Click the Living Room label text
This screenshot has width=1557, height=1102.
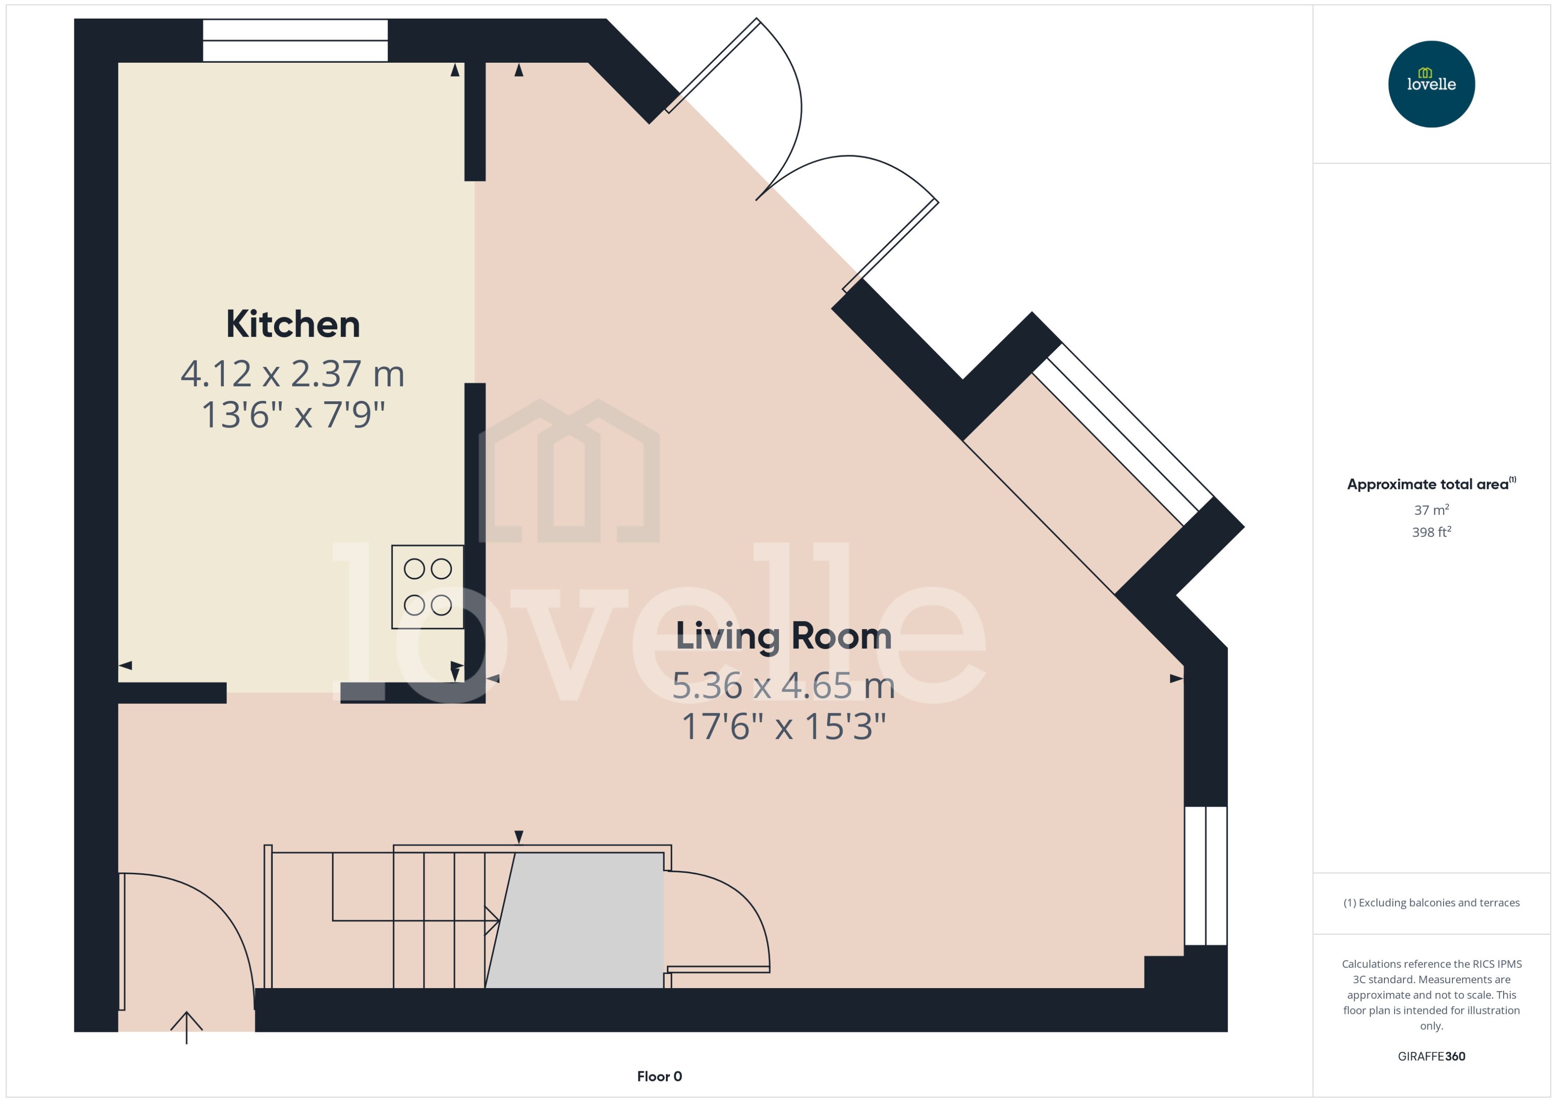(x=783, y=637)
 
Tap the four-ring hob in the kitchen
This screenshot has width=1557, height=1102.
(x=428, y=587)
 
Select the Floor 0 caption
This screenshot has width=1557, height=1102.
(x=659, y=1076)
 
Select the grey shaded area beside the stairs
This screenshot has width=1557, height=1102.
(x=577, y=920)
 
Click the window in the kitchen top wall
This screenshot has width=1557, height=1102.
(x=295, y=41)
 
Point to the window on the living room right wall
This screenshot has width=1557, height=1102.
(x=1206, y=876)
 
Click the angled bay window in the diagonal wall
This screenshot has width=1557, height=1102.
(x=1123, y=434)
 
